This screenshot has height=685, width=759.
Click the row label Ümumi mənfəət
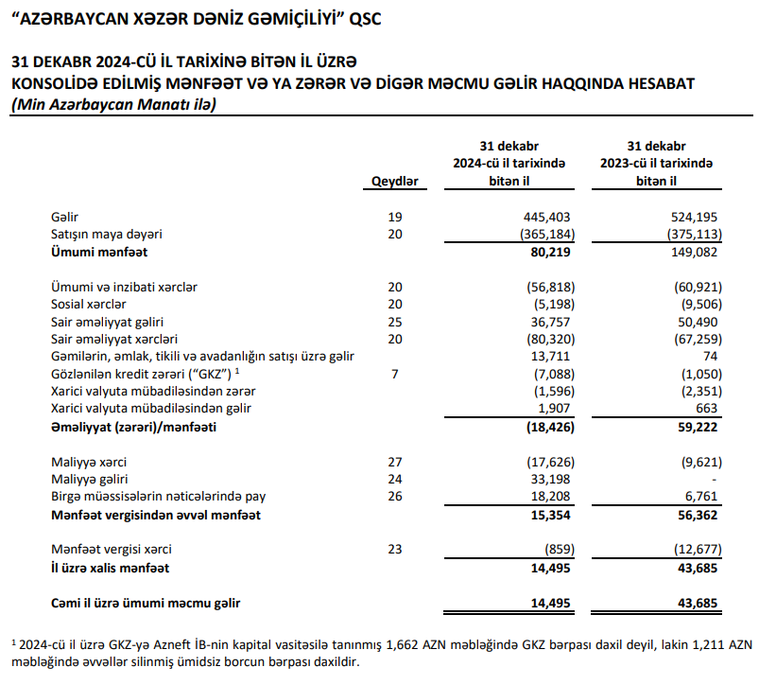tap(99, 253)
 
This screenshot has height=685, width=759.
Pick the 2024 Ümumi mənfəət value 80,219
tap(552, 253)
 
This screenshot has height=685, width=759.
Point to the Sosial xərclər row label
tap(88, 304)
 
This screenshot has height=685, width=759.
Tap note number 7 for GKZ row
tap(395, 374)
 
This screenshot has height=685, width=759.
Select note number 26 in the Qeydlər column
tap(395, 498)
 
